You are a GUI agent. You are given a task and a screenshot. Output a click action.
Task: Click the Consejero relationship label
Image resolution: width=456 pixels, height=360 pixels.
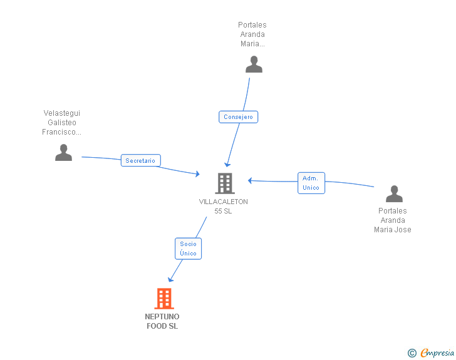click(238, 117)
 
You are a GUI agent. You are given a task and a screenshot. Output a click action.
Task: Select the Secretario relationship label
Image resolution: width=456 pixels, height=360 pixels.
click(140, 160)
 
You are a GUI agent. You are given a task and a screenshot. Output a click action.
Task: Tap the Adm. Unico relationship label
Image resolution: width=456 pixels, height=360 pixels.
click(311, 183)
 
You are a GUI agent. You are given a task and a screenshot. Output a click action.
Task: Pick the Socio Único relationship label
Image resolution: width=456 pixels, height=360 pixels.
click(188, 249)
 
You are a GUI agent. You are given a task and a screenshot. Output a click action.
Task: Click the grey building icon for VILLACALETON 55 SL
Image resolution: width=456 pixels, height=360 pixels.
click(225, 183)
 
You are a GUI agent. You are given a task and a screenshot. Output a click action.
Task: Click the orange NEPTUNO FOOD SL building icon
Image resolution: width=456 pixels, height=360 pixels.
click(164, 299)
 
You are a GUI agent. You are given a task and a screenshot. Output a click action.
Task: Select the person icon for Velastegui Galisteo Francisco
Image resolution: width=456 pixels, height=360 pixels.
click(63, 153)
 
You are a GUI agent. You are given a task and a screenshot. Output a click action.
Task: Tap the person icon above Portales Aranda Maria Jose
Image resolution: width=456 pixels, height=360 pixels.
click(394, 193)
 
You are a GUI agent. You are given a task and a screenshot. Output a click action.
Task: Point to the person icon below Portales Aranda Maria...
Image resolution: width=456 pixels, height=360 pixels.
click(254, 64)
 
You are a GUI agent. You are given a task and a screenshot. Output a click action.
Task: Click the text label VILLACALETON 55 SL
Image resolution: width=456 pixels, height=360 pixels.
click(224, 206)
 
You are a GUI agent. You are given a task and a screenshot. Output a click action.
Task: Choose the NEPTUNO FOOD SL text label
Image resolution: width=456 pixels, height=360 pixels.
click(162, 321)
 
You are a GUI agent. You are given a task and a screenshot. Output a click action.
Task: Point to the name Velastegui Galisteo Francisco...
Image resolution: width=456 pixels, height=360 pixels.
click(61, 123)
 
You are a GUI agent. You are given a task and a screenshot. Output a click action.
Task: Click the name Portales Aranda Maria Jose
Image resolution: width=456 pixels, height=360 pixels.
click(393, 220)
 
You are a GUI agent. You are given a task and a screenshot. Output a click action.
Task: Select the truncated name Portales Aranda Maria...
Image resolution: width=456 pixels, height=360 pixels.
click(252, 34)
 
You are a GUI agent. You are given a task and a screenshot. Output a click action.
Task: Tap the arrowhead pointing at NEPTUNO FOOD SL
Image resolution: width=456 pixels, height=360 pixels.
click(170, 279)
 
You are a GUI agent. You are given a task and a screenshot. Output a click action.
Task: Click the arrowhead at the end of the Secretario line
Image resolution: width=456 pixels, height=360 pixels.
click(197, 174)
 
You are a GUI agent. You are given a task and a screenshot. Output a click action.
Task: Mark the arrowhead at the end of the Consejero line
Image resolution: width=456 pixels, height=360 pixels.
click(227, 164)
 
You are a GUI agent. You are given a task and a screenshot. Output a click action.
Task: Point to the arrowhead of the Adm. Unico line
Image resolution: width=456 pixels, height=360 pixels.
click(249, 180)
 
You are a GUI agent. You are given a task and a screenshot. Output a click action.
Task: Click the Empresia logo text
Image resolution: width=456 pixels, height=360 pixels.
click(437, 353)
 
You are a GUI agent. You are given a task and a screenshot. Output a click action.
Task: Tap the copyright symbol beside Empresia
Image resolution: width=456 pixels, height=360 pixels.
click(412, 353)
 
